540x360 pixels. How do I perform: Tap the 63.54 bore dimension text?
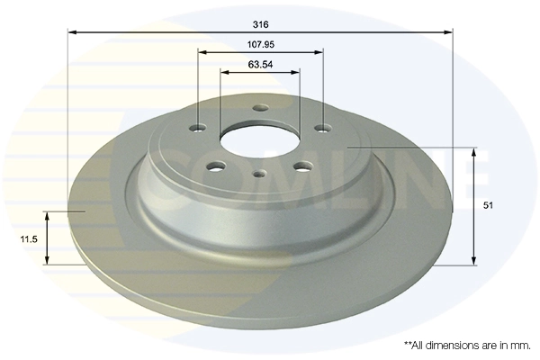pos(260,66)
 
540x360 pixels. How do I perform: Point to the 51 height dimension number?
pos(489,206)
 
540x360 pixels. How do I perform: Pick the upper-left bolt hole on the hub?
pos(198,127)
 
